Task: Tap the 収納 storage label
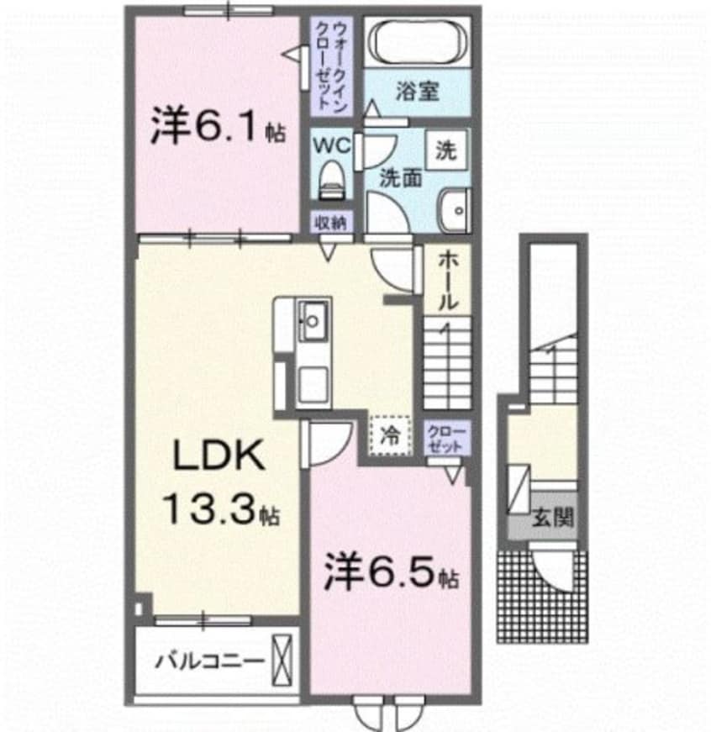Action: click(x=329, y=223)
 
